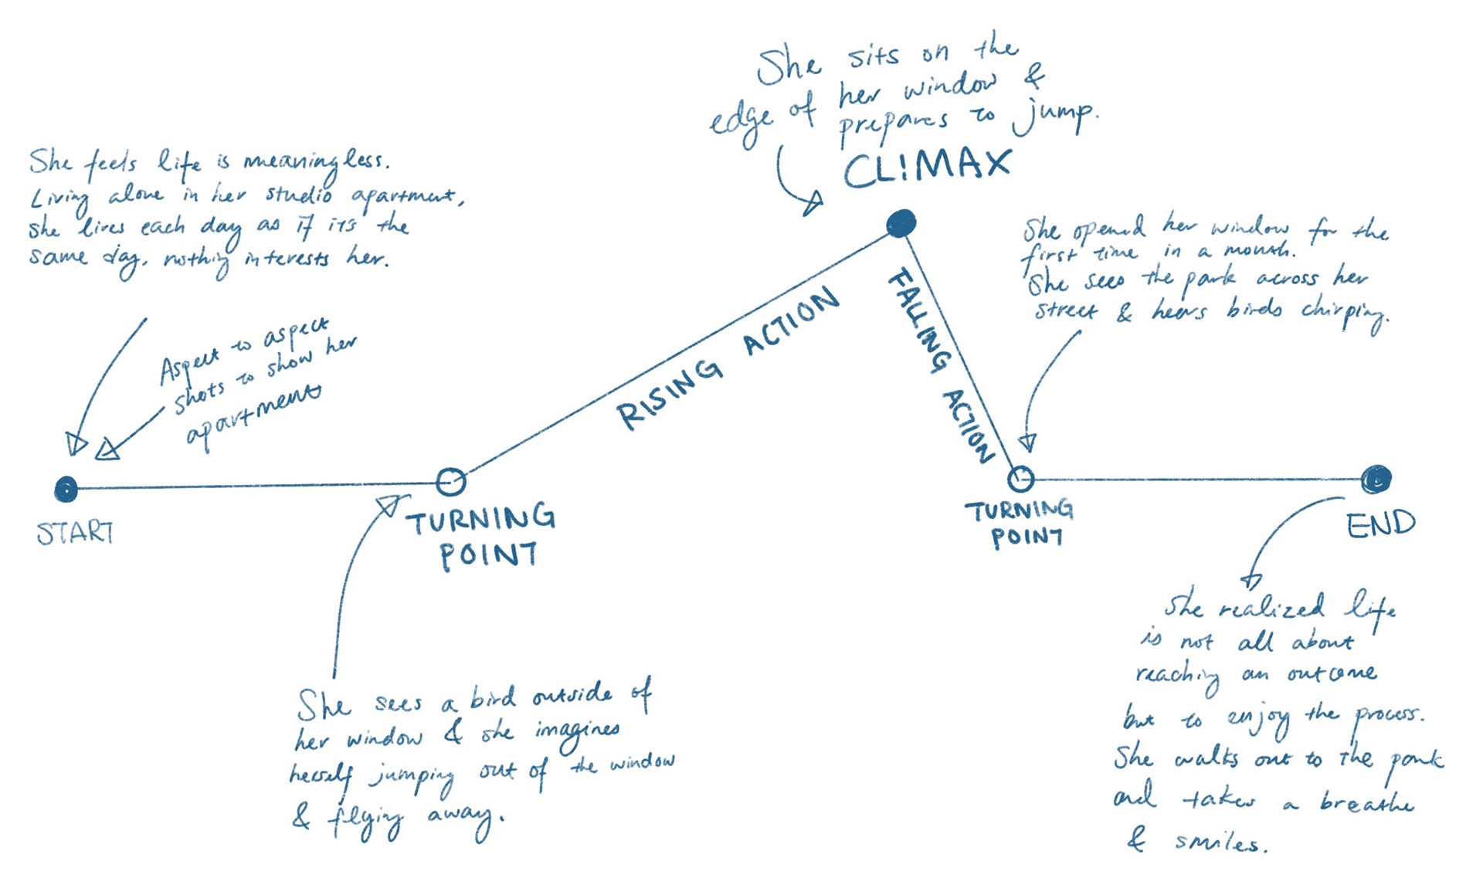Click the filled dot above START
click(x=66, y=489)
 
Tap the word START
click(x=75, y=532)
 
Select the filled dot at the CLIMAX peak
click(x=901, y=223)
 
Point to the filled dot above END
click(x=1376, y=480)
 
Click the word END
click(x=1380, y=525)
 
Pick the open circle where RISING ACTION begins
click(x=450, y=481)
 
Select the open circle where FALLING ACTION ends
click(x=1020, y=479)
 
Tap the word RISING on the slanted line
click(x=670, y=393)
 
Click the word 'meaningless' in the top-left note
click(x=317, y=161)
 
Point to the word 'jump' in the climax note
click(x=1055, y=117)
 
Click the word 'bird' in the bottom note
click(x=493, y=698)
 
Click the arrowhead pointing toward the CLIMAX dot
click(x=813, y=204)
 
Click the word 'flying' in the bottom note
click(x=366, y=819)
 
